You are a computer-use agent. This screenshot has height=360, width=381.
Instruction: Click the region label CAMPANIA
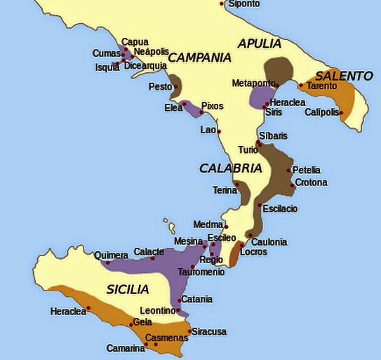click(199, 58)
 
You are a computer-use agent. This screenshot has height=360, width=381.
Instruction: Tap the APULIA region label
click(259, 44)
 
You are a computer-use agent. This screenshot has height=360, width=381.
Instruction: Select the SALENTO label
click(344, 75)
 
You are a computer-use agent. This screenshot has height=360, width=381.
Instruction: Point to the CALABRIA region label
click(230, 168)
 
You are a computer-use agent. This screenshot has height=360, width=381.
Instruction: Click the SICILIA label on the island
click(128, 289)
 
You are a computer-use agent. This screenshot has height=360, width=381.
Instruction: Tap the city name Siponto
click(243, 4)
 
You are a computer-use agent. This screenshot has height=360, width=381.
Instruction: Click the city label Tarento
click(321, 86)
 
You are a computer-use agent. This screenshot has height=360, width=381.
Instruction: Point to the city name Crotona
click(311, 182)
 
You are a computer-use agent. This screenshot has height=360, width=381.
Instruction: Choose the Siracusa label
click(209, 331)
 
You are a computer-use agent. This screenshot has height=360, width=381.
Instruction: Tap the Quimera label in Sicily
click(111, 255)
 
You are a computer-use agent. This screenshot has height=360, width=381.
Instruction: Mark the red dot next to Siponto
click(222, 4)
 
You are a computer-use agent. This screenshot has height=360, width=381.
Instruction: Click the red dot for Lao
click(219, 131)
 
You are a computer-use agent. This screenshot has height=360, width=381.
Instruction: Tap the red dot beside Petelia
click(288, 170)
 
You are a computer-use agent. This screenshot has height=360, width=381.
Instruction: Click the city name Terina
click(225, 190)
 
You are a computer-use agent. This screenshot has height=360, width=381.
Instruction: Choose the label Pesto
click(159, 87)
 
